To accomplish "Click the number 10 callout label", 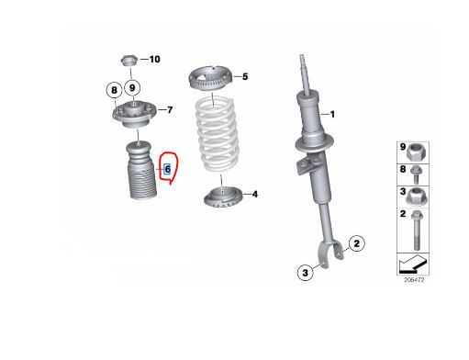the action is tap(154, 59).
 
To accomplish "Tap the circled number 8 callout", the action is tap(114, 90).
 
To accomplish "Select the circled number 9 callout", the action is tap(132, 88).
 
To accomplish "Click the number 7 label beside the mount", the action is tap(170, 109).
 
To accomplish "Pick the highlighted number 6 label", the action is tap(167, 169).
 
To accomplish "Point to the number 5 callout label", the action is tap(245, 76).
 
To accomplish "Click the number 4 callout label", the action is tap(254, 194).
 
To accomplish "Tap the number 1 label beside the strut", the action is tap(332, 115).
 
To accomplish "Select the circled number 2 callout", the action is tap(357, 243).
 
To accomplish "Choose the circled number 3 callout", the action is tap(306, 273).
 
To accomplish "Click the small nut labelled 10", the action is tap(128, 60).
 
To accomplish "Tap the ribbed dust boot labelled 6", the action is tap(141, 170).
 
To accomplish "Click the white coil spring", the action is tap(218, 134).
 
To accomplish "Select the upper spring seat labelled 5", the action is tap(210, 79).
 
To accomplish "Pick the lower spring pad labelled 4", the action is tap(223, 197).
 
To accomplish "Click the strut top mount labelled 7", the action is tap(134, 115).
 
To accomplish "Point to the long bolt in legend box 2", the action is tap(417, 230).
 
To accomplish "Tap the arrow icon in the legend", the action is tap(413, 264).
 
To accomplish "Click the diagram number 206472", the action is tap(414, 280).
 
